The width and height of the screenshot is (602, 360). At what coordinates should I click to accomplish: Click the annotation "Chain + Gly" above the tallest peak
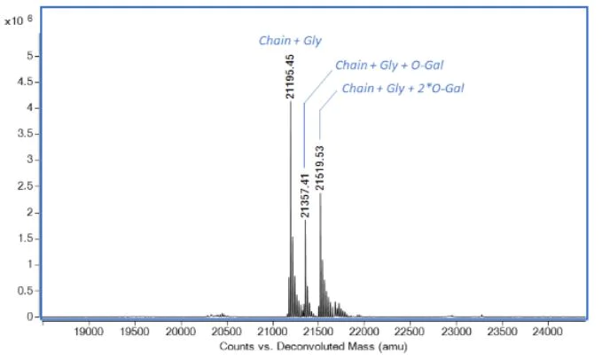285,40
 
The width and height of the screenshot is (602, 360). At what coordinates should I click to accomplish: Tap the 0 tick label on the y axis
34,317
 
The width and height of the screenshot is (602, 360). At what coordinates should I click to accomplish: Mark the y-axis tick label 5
34,56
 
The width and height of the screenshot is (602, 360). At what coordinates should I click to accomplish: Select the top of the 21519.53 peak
320,194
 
